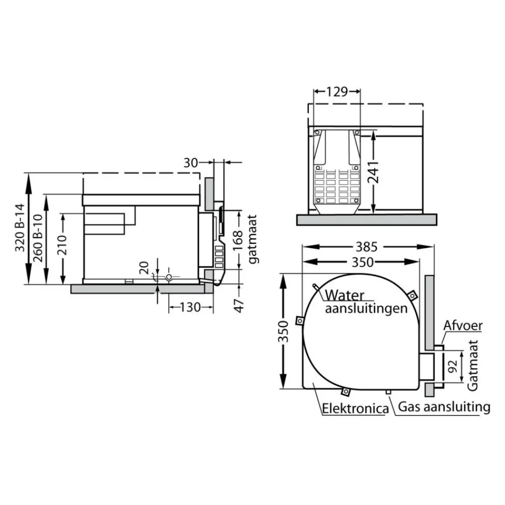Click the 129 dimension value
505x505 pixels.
pyautogui.click(x=338, y=92)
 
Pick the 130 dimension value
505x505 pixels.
pyautogui.click(x=190, y=307)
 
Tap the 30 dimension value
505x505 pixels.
pyautogui.click(x=191, y=162)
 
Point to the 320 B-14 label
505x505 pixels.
pyautogui.click(x=20, y=228)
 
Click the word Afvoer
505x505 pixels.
pyautogui.click(x=463, y=326)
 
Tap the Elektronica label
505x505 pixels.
pyautogui.click(x=355, y=409)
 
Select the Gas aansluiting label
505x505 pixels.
pyautogui.click(x=444, y=407)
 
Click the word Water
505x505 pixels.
pyautogui.click(x=345, y=295)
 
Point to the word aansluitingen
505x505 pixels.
pyautogui.click(x=366, y=309)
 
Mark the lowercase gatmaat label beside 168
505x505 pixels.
pyautogui.click(x=254, y=239)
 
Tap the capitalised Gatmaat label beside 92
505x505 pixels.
pyautogui.click(x=473, y=366)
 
